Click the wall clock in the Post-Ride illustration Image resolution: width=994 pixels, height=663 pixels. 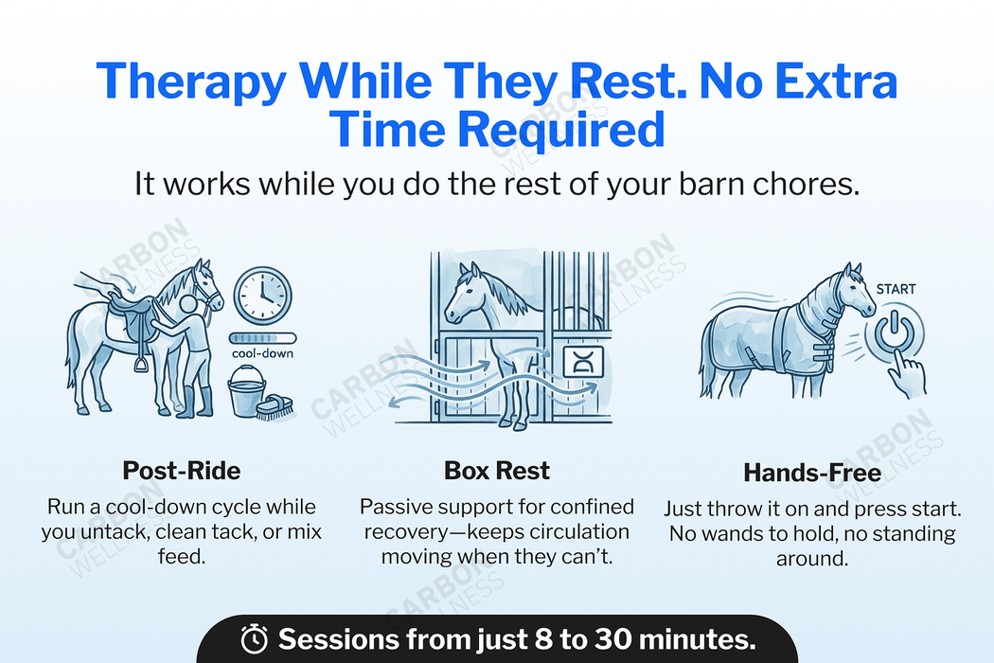pyautogui.click(x=262, y=296)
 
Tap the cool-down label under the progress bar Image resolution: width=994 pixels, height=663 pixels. pyautogui.click(x=262, y=353)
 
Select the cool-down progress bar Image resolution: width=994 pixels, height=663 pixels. pyautogui.click(x=262, y=337)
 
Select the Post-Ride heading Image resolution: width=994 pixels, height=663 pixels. pyautogui.click(x=182, y=470)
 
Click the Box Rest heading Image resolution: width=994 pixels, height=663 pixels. pyautogui.click(x=497, y=470)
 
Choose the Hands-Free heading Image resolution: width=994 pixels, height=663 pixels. pyautogui.click(x=812, y=472)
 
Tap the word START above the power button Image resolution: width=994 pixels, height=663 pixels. pyautogui.click(x=896, y=288)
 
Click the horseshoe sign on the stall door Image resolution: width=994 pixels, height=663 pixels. pyautogui.click(x=577, y=360)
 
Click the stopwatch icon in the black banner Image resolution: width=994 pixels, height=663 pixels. pyautogui.click(x=255, y=639)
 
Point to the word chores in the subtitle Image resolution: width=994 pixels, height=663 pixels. pyautogui.click(x=810, y=183)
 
